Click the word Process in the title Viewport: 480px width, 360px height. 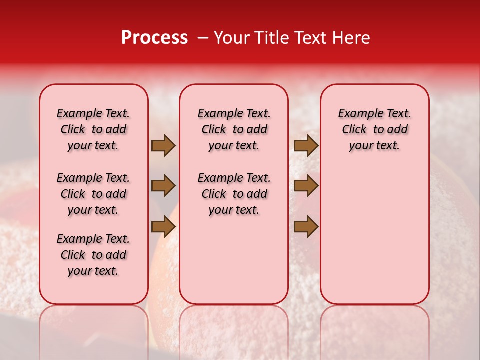point(154,38)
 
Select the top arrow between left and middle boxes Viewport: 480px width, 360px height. point(163,145)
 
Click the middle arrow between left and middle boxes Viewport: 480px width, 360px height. point(163,186)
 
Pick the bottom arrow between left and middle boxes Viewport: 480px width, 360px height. point(163,226)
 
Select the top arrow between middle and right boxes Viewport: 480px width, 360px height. point(306,145)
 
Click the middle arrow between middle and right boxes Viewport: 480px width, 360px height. point(306,186)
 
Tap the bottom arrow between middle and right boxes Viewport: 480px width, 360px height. point(306,226)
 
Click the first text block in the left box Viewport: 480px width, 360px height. point(93,129)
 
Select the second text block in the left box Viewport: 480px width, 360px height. point(93,194)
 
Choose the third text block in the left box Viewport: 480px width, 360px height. point(93,255)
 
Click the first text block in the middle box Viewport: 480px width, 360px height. point(234,129)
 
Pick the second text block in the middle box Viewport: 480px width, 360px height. point(234,194)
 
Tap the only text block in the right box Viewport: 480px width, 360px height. point(374,129)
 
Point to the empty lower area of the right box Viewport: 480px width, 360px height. point(374,235)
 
